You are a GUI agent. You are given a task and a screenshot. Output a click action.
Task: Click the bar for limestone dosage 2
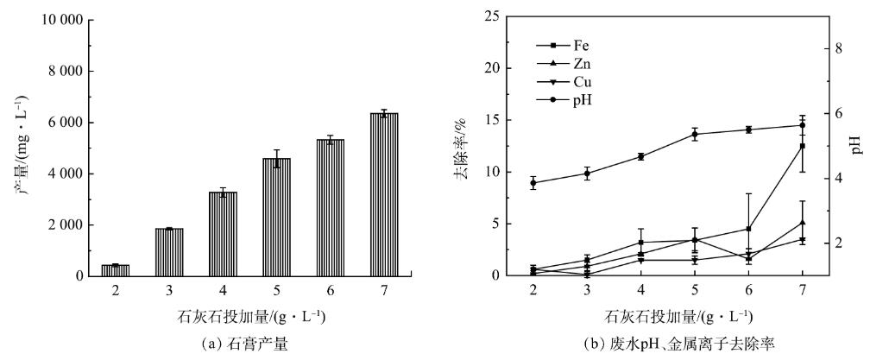[115, 270]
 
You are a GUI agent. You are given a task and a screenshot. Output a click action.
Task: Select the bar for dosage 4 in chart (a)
[223, 234]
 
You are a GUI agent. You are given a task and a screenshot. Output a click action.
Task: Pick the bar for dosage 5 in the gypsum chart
[277, 217]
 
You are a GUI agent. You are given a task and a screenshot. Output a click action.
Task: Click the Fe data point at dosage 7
[803, 146]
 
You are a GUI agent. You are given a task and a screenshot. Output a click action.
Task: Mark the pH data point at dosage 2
[533, 183]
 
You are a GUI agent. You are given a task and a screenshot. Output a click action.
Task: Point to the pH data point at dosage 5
[695, 134]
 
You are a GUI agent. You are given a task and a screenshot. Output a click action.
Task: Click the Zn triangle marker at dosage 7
[803, 223]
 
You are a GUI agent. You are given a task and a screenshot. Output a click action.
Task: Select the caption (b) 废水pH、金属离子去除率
[668, 344]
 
